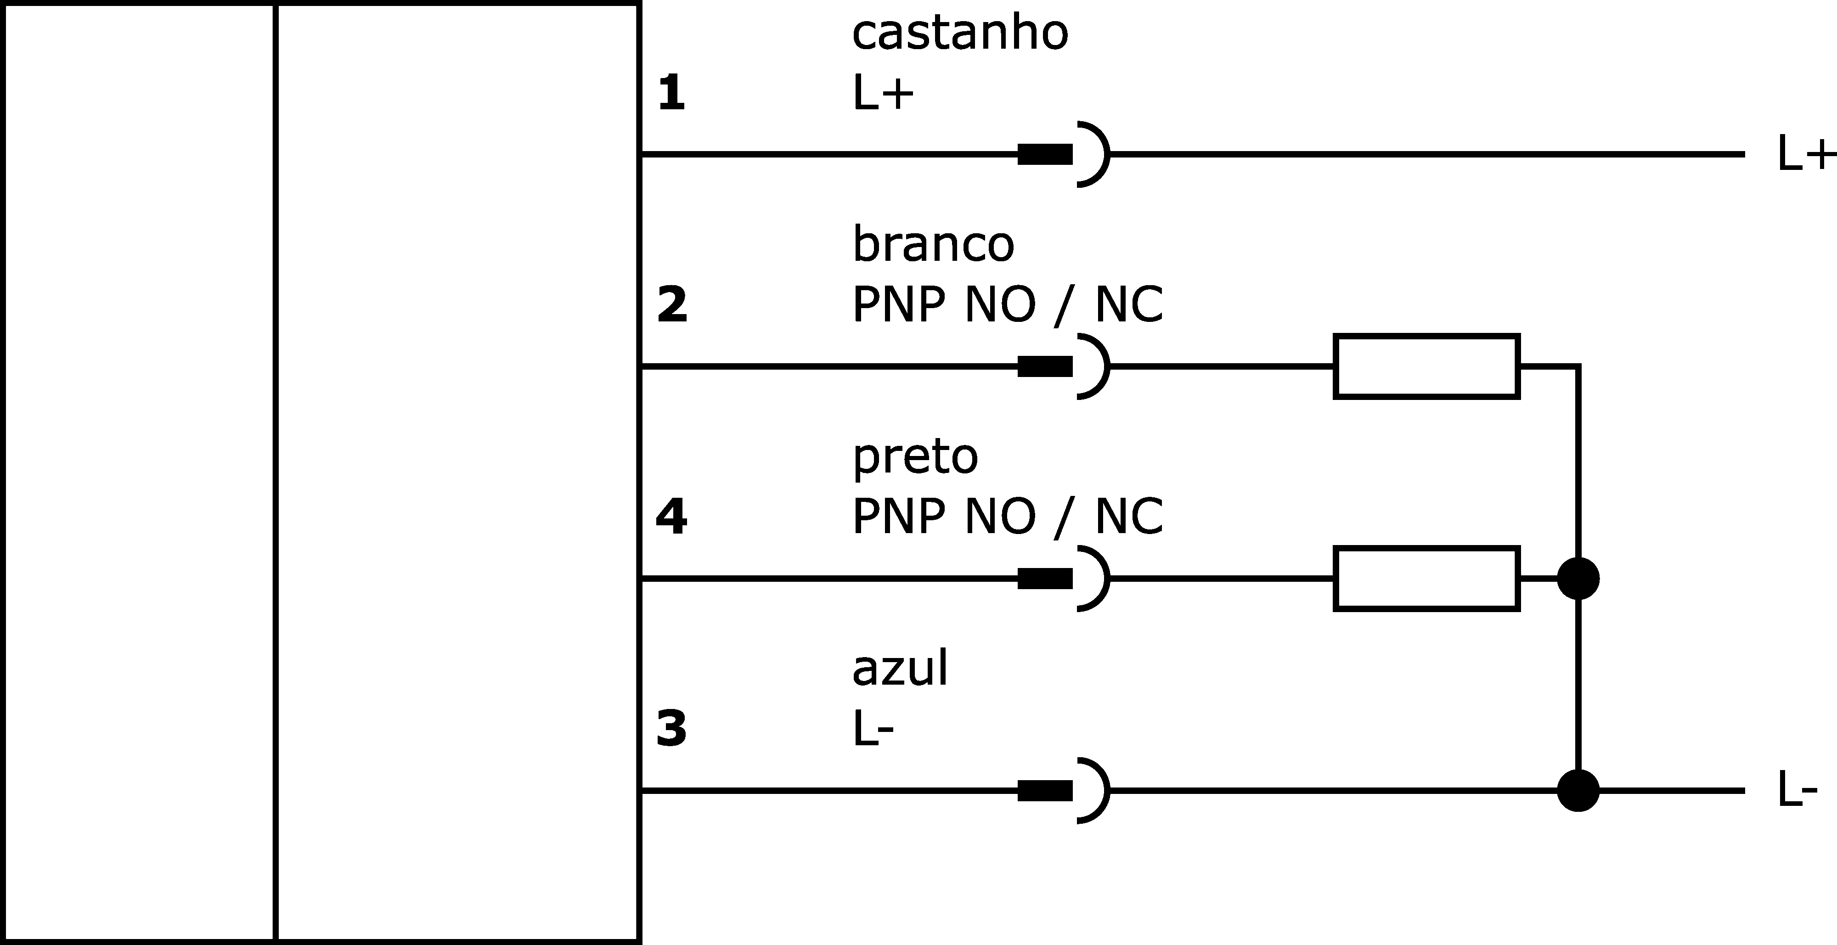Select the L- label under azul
pos(873,728)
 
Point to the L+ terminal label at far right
pos(1806,154)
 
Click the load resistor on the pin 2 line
pos(1427,366)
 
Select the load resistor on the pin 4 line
pos(1427,579)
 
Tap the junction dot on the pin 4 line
pos(1578,579)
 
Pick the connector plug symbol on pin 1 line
pos(1063,154)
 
